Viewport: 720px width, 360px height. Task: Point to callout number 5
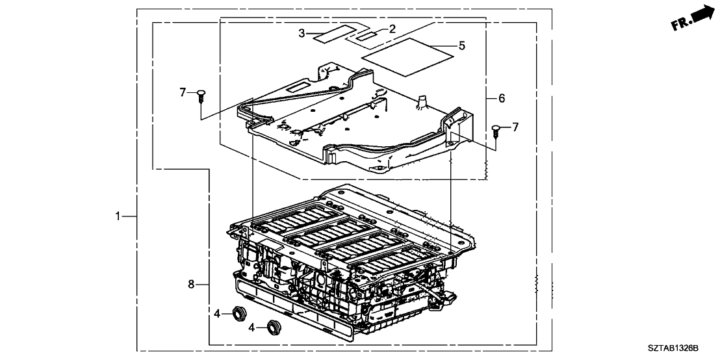pyautogui.click(x=462, y=45)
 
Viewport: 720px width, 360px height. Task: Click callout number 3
pyautogui.click(x=302, y=32)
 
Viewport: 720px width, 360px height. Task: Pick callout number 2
pyautogui.click(x=392, y=28)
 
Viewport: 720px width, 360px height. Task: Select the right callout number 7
pyautogui.click(x=515, y=127)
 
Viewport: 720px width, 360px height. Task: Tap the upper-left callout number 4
pyautogui.click(x=218, y=314)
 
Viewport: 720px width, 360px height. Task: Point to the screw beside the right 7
pyautogui.click(x=497, y=131)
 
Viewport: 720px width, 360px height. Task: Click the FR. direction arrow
pyautogui.click(x=701, y=13)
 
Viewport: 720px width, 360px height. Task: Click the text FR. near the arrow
pyautogui.click(x=680, y=23)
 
